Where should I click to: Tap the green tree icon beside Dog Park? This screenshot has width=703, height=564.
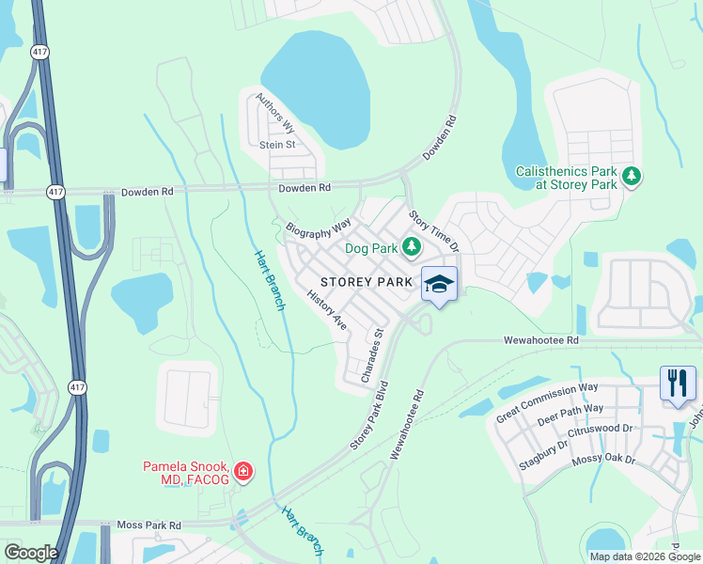point(411,247)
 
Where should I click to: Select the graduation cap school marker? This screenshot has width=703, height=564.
point(439,284)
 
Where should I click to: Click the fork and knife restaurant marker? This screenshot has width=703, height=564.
point(678,383)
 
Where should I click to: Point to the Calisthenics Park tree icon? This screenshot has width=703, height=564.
point(633,176)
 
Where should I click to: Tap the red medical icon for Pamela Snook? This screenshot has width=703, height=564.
point(243,471)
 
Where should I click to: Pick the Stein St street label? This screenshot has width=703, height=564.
point(277,145)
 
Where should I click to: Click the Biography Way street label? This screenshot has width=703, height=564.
point(319,227)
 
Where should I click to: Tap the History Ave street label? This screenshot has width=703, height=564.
point(327,310)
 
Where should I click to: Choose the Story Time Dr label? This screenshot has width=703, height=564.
point(433,231)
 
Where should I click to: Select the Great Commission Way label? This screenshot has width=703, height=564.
point(547,401)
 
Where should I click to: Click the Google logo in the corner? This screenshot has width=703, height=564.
point(30,553)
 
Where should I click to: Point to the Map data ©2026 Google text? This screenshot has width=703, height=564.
point(644,556)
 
